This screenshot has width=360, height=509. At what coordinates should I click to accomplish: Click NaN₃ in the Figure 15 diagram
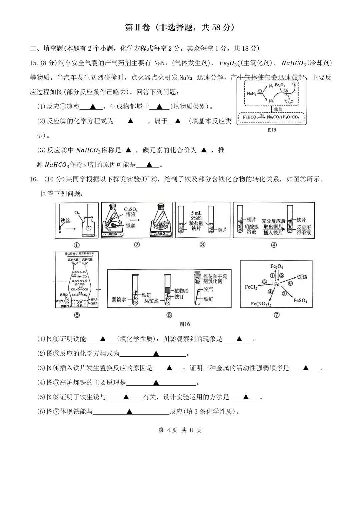click(x=252, y=94)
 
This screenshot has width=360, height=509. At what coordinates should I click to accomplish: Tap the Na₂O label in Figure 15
click(x=289, y=102)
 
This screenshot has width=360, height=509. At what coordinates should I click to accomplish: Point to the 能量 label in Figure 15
click(x=278, y=109)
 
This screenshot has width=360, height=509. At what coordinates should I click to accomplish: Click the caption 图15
click(x=272, y=130)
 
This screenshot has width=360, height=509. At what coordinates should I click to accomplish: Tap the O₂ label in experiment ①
click(x=77, y=213)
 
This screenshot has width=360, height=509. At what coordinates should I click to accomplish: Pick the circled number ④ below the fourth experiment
click(x=274, y=245)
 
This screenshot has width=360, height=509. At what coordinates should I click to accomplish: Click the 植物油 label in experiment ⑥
click(x=181, y=291)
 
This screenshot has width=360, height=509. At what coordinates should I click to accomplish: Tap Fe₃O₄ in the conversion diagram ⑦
click(x=277, y=266)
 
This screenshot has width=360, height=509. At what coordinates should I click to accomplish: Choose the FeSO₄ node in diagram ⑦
click(x=300, y=301)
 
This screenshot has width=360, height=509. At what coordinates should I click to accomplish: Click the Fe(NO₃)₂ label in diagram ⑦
click(x=261, y=304)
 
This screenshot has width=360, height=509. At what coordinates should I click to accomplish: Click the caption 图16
click(x=185, y=324)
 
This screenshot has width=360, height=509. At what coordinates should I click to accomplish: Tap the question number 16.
click(x=34, y=179)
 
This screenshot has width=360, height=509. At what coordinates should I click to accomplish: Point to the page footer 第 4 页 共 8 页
click(x=180, y=430)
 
